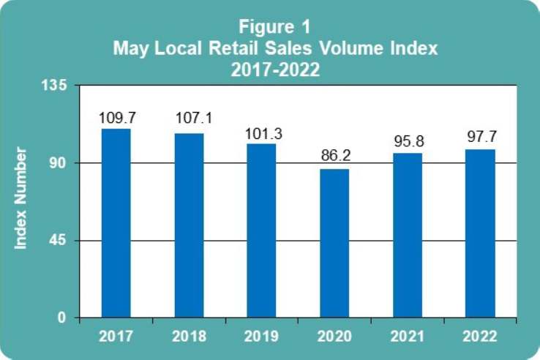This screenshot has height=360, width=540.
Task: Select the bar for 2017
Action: pyautogui.click(x=116, y=223)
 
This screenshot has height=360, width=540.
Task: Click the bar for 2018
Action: pyautogui.click(x=189, y=225)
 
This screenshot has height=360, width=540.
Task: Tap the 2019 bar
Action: pyautogui.click(x=261, y=230)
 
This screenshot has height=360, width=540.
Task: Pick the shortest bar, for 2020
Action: pyautogui.click(x=334, y=244)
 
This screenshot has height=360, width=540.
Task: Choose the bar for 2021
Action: pyautogui.click(x=408, y=235)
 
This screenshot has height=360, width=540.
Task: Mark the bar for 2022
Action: pyautogui.click(x=480, y=233)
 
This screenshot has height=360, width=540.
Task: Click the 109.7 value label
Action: pyautogui.click(x=116, y=117)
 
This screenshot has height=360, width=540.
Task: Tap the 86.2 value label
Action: pyautogui.click(x=334, y=156)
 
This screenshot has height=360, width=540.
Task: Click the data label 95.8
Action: pyautogui.click(x=408, y=140)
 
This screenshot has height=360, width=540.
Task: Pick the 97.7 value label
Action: pyautogui.click(x=481, y=137)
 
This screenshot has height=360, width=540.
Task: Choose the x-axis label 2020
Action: pyautogui.click(x=334, y=337)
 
